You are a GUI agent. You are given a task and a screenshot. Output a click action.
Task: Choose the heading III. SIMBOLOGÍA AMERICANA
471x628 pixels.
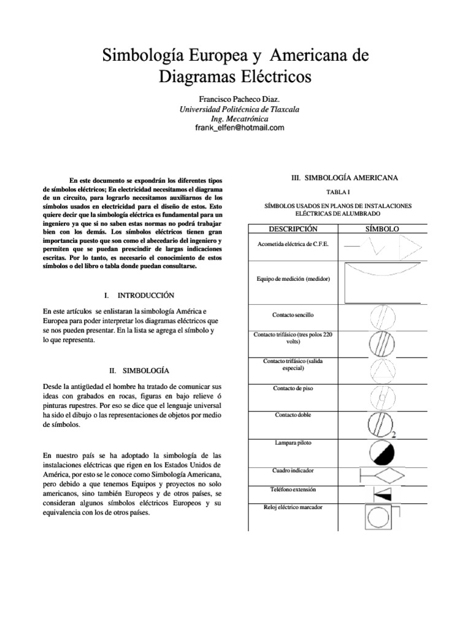344,178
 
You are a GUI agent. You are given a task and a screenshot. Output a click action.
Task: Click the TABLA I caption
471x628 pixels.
345,192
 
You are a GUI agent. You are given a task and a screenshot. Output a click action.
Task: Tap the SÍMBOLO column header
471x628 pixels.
382,229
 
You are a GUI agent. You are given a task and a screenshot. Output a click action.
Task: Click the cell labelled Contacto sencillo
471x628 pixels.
293,315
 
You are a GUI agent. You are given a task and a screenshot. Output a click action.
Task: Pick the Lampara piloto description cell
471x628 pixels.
293,442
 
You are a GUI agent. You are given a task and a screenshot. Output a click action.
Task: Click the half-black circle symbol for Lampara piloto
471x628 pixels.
383,453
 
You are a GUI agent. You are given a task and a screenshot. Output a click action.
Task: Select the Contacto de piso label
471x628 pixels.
293,388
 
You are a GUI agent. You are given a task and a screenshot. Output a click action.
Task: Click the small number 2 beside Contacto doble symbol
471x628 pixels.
393,435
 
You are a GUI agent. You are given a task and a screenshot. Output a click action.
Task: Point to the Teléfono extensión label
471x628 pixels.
293,490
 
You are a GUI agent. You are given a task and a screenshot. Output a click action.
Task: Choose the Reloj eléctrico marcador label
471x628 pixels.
293,507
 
